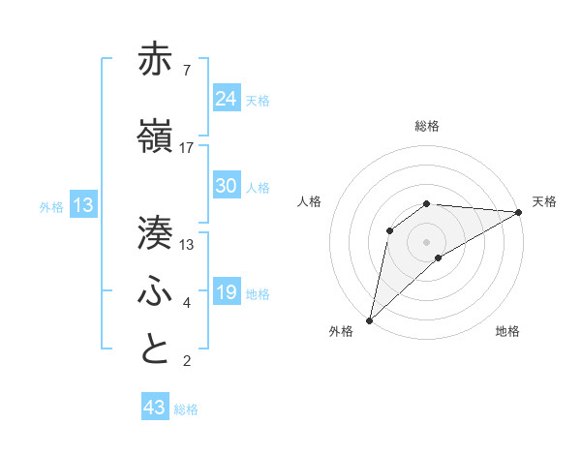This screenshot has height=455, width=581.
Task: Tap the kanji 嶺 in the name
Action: point(155,137)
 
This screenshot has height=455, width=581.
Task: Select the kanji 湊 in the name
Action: point(155,233)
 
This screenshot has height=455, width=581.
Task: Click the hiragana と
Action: point(155,349)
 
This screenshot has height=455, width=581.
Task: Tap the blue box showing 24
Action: point(226,98)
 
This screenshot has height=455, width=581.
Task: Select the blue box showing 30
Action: point(226,186)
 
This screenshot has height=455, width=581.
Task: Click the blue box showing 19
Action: point(226,292)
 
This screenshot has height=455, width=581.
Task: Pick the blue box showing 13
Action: point(82,204)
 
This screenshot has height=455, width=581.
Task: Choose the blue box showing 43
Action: point(154,408)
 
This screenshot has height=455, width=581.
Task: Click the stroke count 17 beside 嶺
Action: point(187,147)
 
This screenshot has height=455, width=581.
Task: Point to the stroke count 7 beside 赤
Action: point(186,70)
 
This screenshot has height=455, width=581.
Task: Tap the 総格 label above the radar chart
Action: point(427,126)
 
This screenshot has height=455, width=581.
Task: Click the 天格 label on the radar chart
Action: point(545,201)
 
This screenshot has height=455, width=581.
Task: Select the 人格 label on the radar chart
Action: point(310,201)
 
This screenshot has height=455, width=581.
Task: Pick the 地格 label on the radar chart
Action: point(507,332)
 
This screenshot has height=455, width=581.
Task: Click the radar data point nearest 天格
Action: point(519,212)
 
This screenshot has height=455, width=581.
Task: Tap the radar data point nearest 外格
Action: point(369,319)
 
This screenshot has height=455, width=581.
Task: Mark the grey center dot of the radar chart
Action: point(427,241)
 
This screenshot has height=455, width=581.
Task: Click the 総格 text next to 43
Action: point(186,409)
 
